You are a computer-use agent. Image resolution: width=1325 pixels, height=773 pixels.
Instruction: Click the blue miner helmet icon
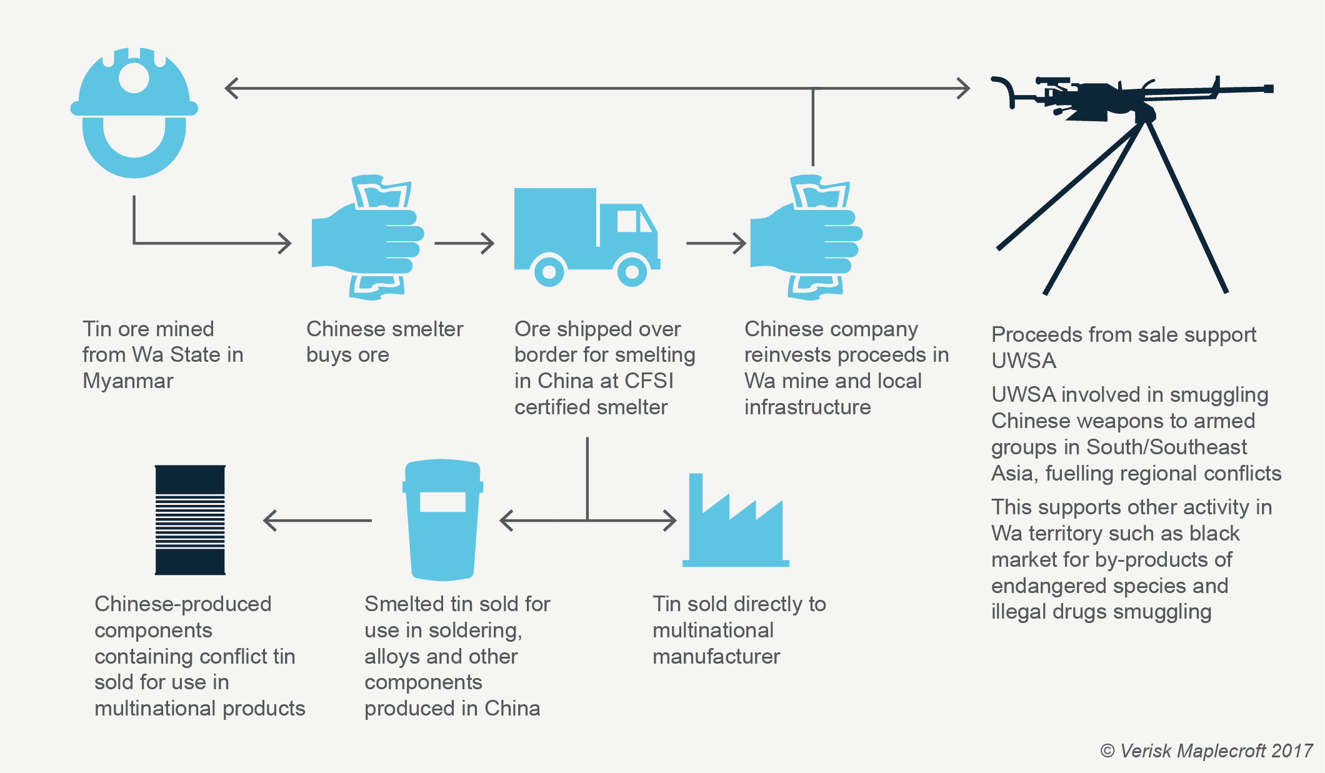(134, 112)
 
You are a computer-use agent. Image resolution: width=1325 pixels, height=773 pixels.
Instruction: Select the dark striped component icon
(190, 520)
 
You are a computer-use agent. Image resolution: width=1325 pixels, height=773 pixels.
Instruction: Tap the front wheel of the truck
(632, 272)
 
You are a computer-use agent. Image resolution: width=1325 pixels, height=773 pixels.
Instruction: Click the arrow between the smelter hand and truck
(464, 243)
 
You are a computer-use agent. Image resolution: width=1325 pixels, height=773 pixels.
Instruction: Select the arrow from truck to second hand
(716, 243)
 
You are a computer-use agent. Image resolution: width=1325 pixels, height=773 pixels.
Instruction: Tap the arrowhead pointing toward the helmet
(232, 88)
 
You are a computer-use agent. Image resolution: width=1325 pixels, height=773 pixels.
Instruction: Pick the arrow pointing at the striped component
(317, 520)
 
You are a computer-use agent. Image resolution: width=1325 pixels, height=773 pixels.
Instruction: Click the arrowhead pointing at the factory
(669, 520)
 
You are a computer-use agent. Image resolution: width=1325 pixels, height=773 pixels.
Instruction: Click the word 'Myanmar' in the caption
(127, 381)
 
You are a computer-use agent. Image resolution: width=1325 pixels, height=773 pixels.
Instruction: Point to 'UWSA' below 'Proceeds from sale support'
(1023, 361)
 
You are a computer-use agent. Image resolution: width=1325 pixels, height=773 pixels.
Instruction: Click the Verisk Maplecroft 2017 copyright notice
(1206, 751)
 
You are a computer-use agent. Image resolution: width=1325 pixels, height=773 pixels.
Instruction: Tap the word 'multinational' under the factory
(712, 630)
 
